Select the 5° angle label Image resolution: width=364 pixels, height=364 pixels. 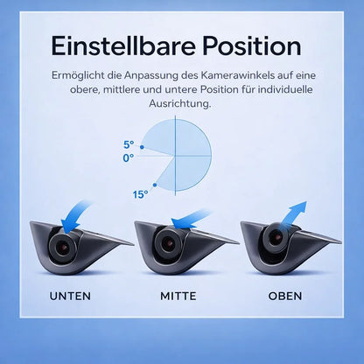(129, 145)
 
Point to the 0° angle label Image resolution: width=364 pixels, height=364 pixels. (129, 157)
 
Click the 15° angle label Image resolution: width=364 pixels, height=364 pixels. (140, 194)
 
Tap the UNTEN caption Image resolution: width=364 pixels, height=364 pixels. (70, 296)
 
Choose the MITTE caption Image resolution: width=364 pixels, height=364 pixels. (178, 296)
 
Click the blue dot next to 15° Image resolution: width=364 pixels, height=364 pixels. (155, 185)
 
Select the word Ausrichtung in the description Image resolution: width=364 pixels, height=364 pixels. (181, 104)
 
